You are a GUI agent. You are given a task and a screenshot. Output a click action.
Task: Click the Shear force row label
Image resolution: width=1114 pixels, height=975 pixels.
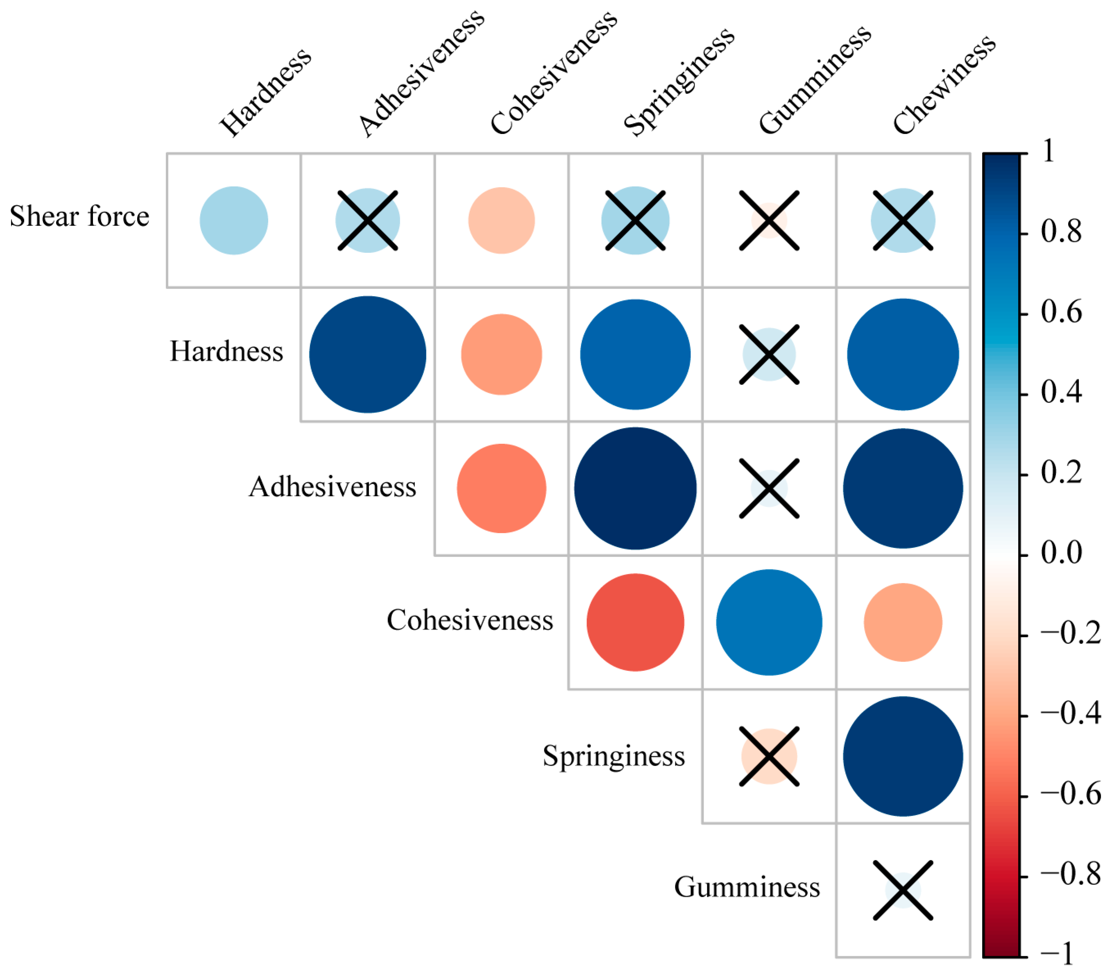coord(79,216)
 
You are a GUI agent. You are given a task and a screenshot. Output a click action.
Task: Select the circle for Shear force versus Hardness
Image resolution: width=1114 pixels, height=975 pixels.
coord(234,220)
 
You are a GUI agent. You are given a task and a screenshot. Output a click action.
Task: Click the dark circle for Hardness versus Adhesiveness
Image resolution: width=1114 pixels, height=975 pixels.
coord(367,354)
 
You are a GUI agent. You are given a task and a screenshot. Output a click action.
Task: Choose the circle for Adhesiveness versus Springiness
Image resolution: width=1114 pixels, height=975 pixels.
coord(635,488)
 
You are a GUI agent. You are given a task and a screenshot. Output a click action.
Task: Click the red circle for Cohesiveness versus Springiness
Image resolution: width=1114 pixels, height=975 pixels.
coord(635,622)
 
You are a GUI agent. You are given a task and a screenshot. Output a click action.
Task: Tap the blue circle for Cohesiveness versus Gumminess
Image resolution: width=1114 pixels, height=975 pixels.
coord(769,622)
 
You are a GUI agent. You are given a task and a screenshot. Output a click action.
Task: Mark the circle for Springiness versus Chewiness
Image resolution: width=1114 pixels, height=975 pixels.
coord(903,756)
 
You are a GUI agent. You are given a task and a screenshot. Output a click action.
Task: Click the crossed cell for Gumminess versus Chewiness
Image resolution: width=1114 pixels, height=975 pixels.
coord(903,890)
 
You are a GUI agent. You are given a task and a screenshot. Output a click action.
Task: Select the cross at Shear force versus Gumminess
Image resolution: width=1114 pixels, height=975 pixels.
coord(769,220)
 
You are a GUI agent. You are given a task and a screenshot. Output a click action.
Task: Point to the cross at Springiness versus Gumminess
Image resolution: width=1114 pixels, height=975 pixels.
coord(769,756)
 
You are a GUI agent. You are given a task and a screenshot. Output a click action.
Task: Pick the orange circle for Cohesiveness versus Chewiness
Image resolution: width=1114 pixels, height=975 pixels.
coord(903,622)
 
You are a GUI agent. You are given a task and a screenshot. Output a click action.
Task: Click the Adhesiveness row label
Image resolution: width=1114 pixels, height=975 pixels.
coord(332,487)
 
